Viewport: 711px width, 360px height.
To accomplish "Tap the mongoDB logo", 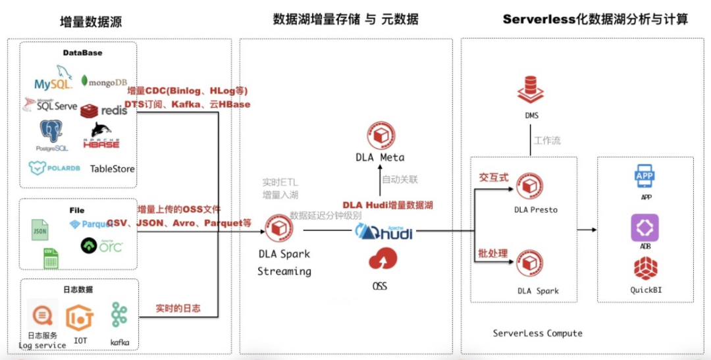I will point(103,81).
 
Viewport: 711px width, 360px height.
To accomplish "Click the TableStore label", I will point(112,168).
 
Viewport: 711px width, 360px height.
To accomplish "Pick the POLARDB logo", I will point(54,168).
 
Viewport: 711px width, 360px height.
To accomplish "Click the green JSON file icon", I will point(40,230).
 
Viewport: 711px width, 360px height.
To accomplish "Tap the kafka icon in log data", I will point(119,316).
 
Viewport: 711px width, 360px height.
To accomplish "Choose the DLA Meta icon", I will point(380,135).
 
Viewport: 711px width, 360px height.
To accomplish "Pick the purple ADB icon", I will point(645,228).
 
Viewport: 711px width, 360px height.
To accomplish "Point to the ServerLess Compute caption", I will point(537,333).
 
